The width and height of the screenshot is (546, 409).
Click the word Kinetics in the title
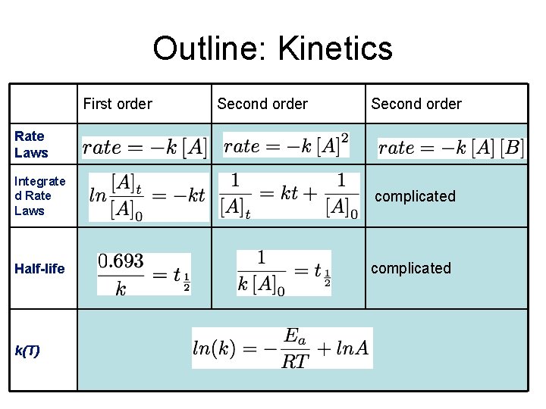pos(335,48)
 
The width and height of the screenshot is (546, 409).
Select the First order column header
pos(118,104)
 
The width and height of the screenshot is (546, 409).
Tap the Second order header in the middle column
pos(262,104)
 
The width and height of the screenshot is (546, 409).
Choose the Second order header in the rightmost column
pos(416,104)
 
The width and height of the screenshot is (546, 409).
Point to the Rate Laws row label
pos(31,144)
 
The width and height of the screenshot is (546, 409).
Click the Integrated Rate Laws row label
pos(40,196)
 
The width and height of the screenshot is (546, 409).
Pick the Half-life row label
pos(39,269)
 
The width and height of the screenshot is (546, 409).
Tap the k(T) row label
pos(27,351)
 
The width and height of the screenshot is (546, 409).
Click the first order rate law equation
pos(144,147)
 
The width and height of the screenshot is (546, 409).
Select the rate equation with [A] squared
pos(287,145)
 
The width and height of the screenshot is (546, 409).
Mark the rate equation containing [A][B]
pos(450,147)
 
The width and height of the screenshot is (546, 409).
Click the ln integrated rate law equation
pos(147,195)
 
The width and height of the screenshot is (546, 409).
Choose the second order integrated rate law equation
pos(289,195)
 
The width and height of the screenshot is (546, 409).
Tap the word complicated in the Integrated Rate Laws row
pos(416,196)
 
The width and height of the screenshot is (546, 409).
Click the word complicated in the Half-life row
pos(411,268)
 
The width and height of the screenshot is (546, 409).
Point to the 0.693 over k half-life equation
pos(144,274)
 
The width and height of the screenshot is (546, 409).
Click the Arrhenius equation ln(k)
pos(282,348)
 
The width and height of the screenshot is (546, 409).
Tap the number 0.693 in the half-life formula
pos(121,261)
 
